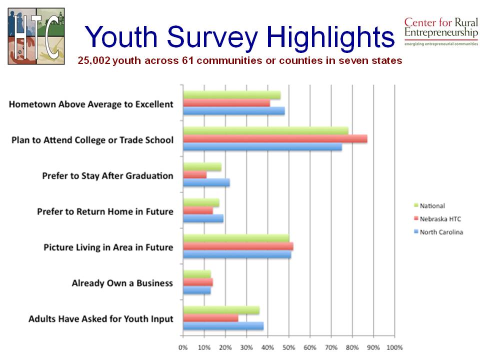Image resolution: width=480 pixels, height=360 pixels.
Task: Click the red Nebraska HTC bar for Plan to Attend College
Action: coord(275,139)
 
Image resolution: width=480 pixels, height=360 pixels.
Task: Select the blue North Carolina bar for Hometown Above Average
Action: coord(233,111)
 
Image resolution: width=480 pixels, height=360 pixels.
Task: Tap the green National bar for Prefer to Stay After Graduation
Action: coord(202,167)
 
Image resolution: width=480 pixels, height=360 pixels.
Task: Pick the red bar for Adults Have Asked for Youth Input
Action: coord(210,318)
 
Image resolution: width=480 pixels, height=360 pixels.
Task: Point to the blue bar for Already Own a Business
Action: coord(196,290)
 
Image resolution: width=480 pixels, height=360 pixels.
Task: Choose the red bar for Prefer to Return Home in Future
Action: coord(197,210)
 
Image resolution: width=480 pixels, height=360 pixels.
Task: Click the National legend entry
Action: coord(432,205)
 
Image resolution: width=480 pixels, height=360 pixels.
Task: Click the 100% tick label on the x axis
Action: coord(394,347)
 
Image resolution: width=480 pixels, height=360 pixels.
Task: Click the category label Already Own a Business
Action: coord(122,283)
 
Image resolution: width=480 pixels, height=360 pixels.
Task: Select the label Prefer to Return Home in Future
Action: coord(105,211)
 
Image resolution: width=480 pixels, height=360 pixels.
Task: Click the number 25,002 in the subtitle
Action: coord(94,61)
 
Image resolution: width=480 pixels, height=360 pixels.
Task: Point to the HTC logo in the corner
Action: coord(36,36)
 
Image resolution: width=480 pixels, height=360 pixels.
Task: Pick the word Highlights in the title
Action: coord(330,36)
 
